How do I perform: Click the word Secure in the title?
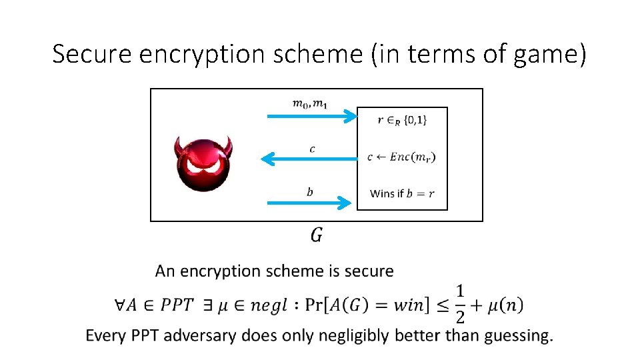click(x=93, y=53)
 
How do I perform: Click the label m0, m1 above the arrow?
click(x=311, y=103)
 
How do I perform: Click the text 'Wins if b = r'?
click(x=402, y=193)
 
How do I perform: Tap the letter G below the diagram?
click(x=317, y=235)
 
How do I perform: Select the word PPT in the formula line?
click(x=172, y=305)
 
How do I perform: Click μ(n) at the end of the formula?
click(x=505, y=305)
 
